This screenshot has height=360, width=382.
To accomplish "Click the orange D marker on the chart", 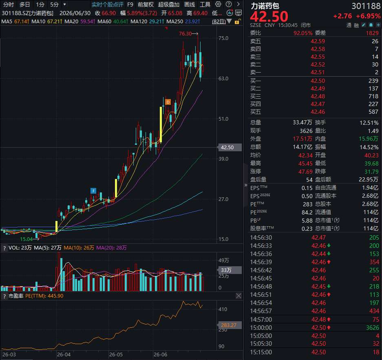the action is click(x=168, y=102).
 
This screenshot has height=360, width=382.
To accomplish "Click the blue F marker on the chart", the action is click(x=93, y=191).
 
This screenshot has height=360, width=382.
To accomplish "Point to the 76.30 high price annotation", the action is click(x=185, y=33).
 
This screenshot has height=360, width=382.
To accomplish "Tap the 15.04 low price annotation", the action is click(x=26, y=239).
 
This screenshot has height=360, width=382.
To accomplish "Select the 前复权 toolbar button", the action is click(x=146, y=4).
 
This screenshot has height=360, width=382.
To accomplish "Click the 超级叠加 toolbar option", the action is click(x=169, y=4).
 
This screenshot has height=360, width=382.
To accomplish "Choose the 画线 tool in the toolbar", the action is click(x=190, y=4).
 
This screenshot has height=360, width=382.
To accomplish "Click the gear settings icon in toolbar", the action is click(x=218, y=4).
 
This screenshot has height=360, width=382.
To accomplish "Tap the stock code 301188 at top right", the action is click(x=366, y=6).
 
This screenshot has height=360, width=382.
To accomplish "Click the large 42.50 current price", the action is click(x=269, y=16).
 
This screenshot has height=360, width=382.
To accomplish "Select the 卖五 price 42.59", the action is click(x=318, y=41).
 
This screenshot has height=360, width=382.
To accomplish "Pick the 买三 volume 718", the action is click(x=373, y=96).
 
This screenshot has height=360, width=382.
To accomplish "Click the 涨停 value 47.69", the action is click(x=305, y=172).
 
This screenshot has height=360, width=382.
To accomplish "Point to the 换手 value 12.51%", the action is click(x=369, y=123).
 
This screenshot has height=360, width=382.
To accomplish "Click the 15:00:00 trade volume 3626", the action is click(x=373, y=328).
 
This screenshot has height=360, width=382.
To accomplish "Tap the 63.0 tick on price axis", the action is click(x=223, y=78).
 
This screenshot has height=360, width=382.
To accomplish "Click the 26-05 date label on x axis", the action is click(x=116, y=354).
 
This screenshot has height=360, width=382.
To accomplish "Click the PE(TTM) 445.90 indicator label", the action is click(x=44, y=296).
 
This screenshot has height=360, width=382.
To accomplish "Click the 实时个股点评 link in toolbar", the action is click(x=108, y=4).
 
